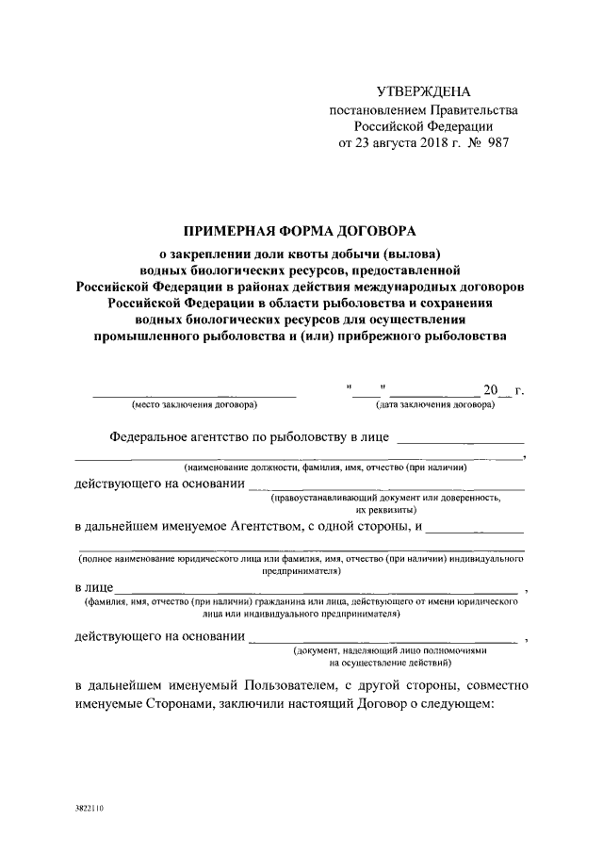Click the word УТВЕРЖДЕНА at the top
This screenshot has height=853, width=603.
click(422, 91)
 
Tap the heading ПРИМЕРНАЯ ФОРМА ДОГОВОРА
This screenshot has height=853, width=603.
click(299, 231)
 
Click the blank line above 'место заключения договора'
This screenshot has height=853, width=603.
click(194, 393)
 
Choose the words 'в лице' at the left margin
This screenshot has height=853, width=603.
click(94, 588)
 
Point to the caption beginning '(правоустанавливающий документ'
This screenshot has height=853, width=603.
click(397, 496)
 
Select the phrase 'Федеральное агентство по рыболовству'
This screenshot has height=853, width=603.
click(229, 437)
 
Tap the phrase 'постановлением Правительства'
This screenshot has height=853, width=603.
click(422, 109)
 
